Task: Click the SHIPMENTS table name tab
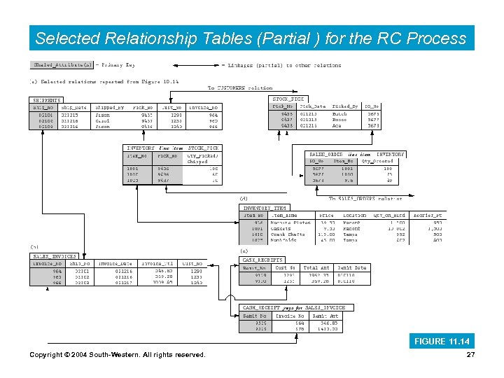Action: [x=47, y=101]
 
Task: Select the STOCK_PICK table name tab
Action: [x=288, y=99]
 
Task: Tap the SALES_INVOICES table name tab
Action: [x=54, y=257]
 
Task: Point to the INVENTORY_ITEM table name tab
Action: [x=265, y=208]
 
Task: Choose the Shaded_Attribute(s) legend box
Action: [x=62, y=65]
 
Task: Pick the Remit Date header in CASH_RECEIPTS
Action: [x=351, y=268]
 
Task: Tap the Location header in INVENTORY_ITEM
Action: [x=354, y=216]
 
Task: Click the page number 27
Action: [x=470, y=355]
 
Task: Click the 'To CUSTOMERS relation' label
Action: [x=240, y=88]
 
